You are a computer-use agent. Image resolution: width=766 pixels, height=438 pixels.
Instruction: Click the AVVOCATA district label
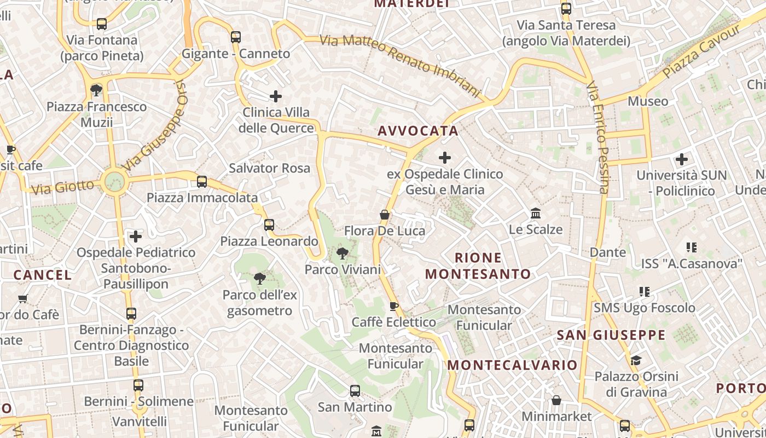(x=418, y=131)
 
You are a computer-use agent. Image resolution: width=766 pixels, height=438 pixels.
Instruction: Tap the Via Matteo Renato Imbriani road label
(x=400, y=65)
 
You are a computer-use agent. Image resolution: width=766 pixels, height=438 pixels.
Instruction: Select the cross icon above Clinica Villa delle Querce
(x=276, y=97)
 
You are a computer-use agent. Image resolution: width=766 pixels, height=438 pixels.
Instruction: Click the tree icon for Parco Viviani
(x=343, y=253)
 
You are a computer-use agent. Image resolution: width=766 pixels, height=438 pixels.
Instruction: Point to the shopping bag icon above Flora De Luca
(x=385, y=215)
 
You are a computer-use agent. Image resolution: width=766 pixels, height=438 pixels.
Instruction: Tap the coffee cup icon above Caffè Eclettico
(x=393, y=306)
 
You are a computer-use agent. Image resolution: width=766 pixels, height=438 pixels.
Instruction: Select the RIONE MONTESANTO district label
(x=478, y=266)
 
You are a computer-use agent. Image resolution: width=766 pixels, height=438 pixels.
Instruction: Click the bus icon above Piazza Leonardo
(x=269, y=224)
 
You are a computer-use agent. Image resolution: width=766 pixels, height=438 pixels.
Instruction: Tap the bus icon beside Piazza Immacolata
(x=202, y=182)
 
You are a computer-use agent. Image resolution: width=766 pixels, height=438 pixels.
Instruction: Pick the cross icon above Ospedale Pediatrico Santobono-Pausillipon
(x=136, y=237)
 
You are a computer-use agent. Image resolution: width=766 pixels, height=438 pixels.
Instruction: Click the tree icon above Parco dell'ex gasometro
(x=260, y=279)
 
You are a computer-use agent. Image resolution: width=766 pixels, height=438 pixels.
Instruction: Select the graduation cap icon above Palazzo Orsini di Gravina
(x=636, y=360)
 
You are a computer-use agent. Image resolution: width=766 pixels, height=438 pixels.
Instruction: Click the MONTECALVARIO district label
(x=513, y=365)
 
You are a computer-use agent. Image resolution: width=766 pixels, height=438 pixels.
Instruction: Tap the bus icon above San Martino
(x=355, y=391)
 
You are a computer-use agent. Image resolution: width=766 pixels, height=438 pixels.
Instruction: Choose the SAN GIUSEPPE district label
(x=611, y=335)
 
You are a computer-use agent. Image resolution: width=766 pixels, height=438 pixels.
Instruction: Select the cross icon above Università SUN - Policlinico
(x=682, y=159)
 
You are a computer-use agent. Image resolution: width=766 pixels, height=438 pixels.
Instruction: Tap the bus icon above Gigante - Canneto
(x=236, y=37)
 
